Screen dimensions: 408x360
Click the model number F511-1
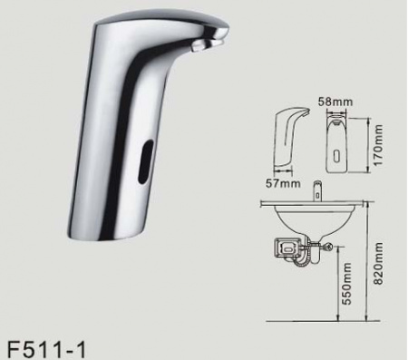point(46,349)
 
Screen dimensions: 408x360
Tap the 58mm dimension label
point(335,102)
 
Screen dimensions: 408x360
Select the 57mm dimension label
point(283,183)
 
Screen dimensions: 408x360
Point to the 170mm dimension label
point(378,145)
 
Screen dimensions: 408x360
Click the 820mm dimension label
point(378,263)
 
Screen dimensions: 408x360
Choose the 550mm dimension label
point(347,284)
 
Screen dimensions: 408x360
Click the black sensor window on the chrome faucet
point(145,162)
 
